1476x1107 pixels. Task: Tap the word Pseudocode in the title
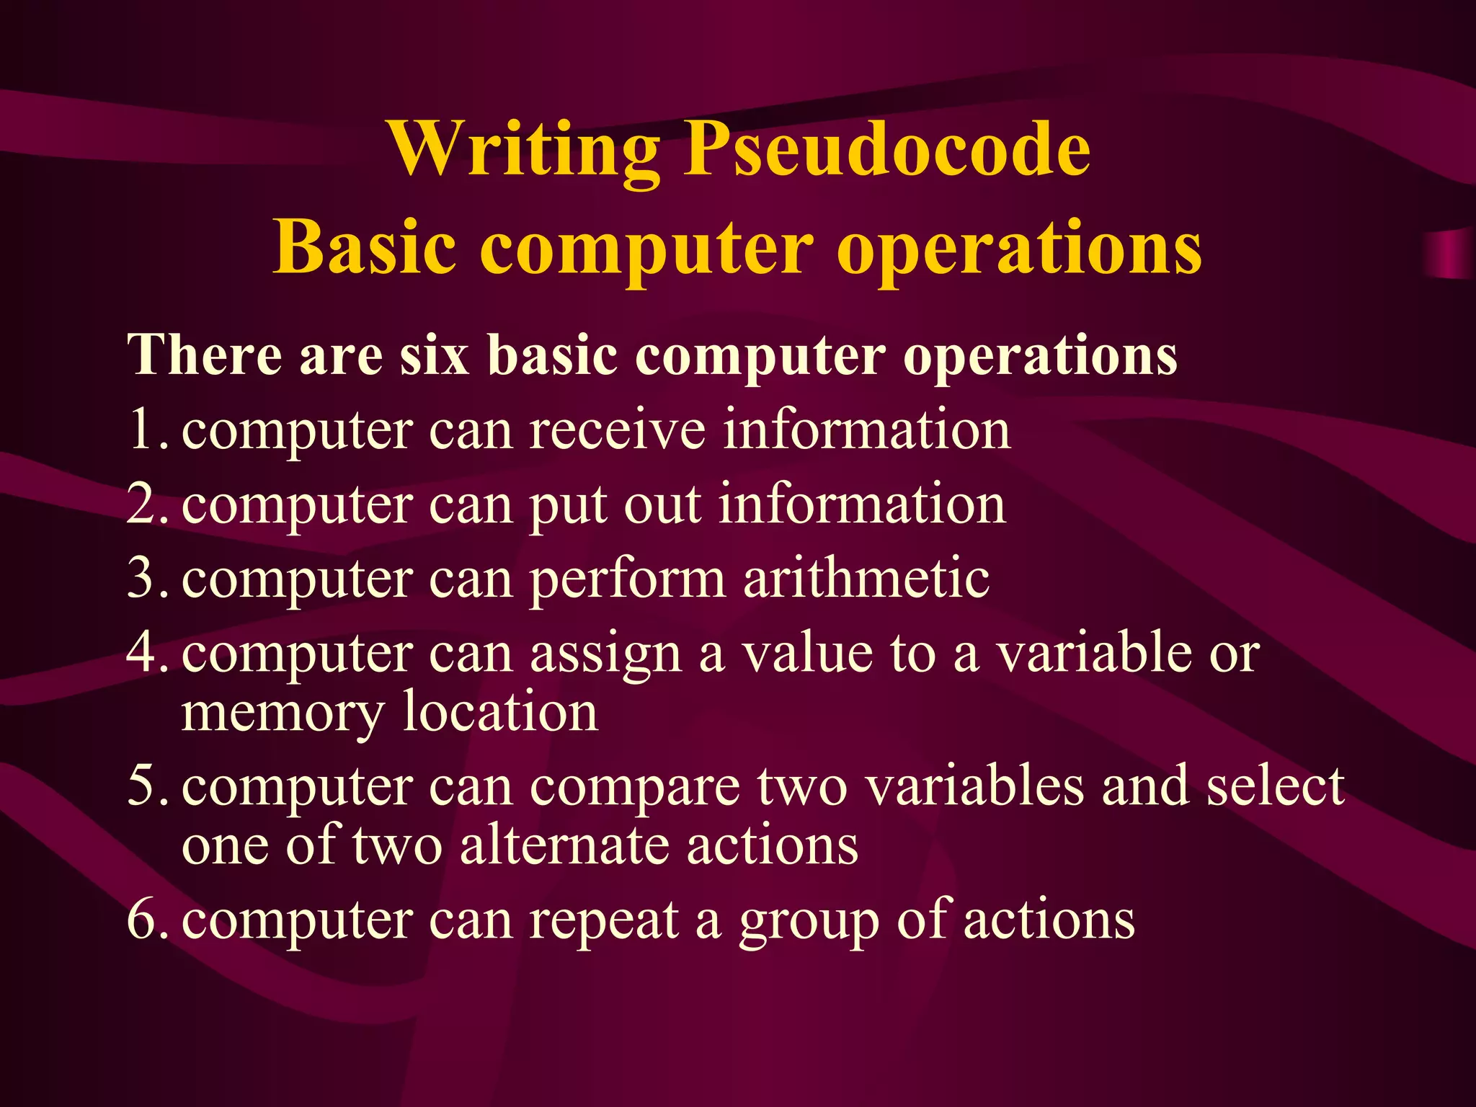[x=886, y=150]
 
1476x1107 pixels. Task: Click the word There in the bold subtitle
[x=205, y=355]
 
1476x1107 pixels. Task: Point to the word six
[x=435, y=355]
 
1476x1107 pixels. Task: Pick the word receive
[x=618, y=430]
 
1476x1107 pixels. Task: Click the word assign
[x=606, y=654]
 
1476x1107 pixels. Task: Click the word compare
[x=635, y=788]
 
